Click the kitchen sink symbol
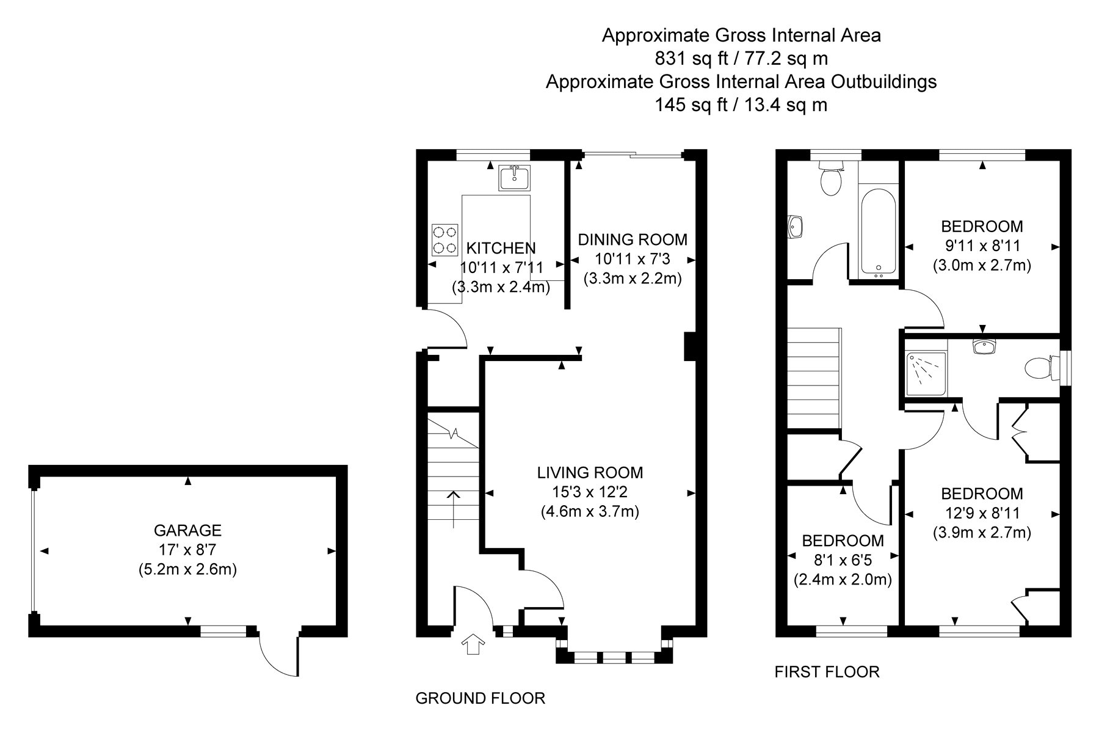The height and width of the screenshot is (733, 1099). (x=514, y=178)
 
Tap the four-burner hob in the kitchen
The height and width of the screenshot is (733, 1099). (x=445, y=240)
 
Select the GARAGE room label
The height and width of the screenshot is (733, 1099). (x=187, y=530)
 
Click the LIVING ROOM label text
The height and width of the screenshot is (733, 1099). (x=590, y=472)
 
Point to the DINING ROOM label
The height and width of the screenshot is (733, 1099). (x=633, y=239)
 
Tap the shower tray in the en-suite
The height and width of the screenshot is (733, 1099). (x=926, y=373)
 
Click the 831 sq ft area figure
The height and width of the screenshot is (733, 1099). (x=696, y=59)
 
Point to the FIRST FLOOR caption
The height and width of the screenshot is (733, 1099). (x=827, y=672)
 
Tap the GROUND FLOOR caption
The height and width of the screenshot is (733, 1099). (x=481, y=698)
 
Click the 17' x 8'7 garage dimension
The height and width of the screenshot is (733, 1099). (x=187, y=550)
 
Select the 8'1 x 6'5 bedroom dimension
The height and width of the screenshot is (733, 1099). (x=843, y=560)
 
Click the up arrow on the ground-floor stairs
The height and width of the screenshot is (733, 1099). (x=453, y=508)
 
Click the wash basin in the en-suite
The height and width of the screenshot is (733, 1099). (x=982, y=346)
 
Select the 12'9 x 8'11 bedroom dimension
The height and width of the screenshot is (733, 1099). (x=982, y=513)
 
